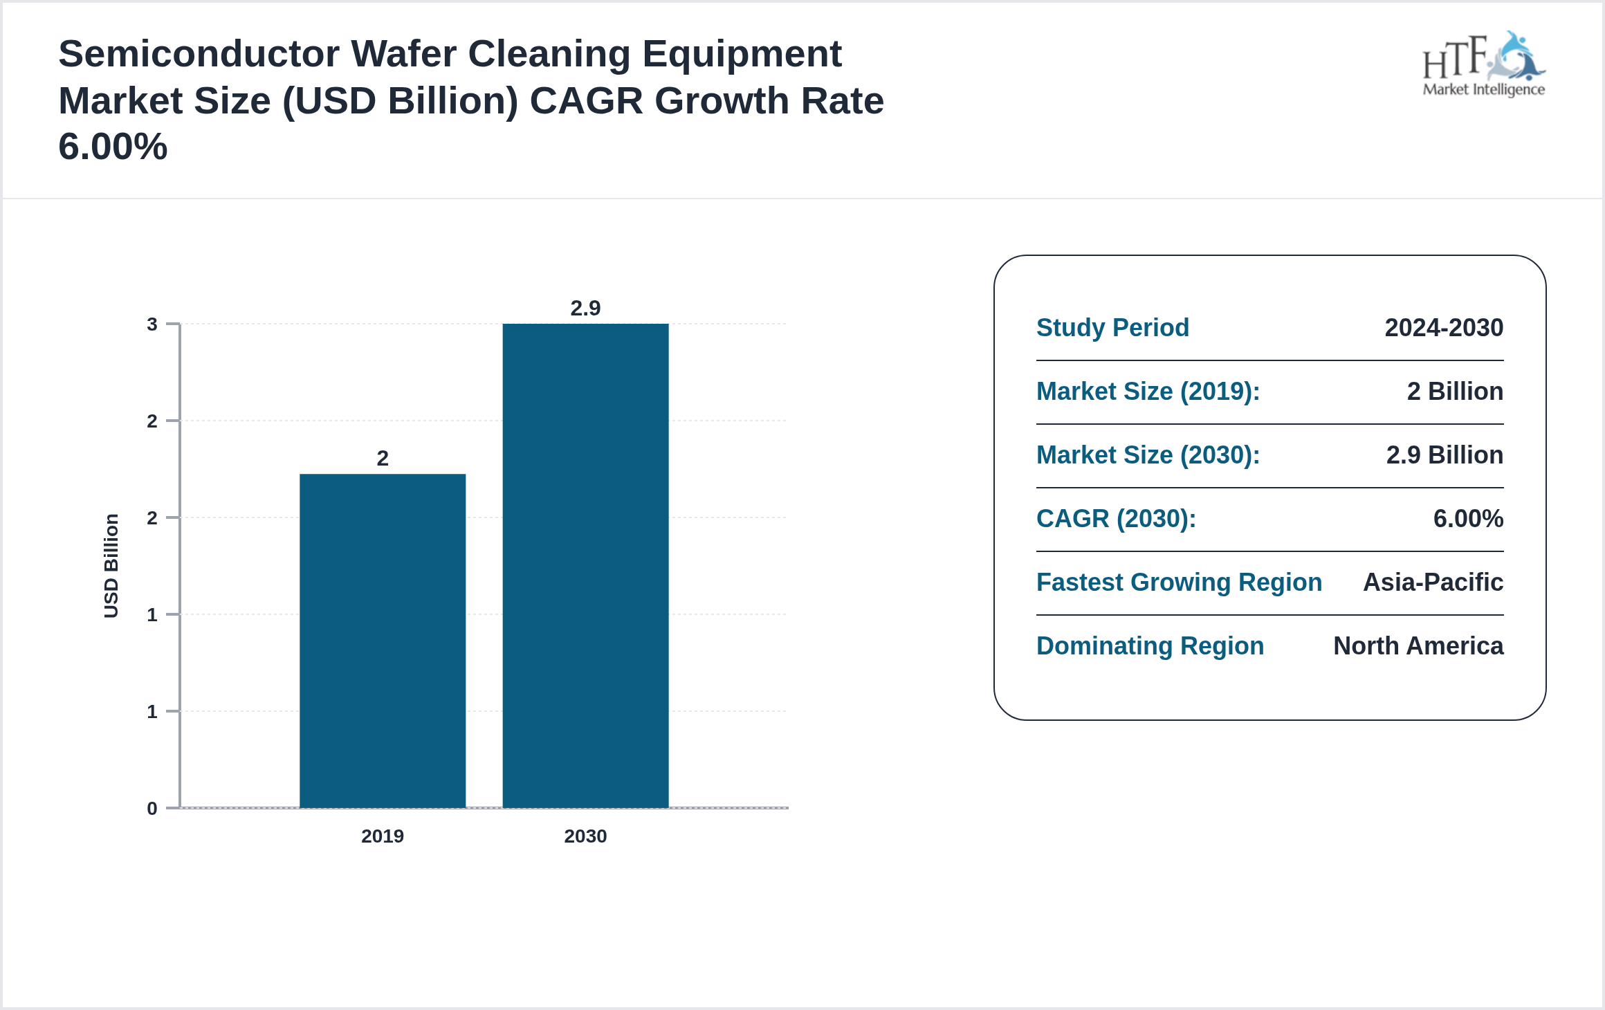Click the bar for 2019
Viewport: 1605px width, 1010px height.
coord(383,640)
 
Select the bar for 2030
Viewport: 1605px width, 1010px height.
coord(585,565)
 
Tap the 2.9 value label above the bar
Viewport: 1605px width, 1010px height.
coord(585,308)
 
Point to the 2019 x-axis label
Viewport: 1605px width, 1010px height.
coord(383,836)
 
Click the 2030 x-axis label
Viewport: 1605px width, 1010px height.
coord(585,836)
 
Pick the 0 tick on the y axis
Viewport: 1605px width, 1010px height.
coord(152,808)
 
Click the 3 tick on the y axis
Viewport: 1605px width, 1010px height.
coord(152,324)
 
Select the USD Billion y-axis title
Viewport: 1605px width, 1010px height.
coord(111,565)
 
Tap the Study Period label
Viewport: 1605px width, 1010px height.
coord(1112,327)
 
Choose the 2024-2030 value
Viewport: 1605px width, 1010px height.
coord(1444,327)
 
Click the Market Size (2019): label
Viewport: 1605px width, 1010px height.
coord(1148,391)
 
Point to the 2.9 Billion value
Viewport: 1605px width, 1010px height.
coord(1444,454)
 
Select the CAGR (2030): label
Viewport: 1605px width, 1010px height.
coord(1116,518)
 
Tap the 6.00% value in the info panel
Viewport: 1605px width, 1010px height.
coord(1468,518)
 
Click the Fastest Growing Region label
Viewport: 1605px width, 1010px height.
coord(1179,582)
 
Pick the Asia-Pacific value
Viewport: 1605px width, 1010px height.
coord(1433,582)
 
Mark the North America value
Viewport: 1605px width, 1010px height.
coord(1418,645)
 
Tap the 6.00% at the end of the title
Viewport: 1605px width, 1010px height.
coord(113,146)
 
